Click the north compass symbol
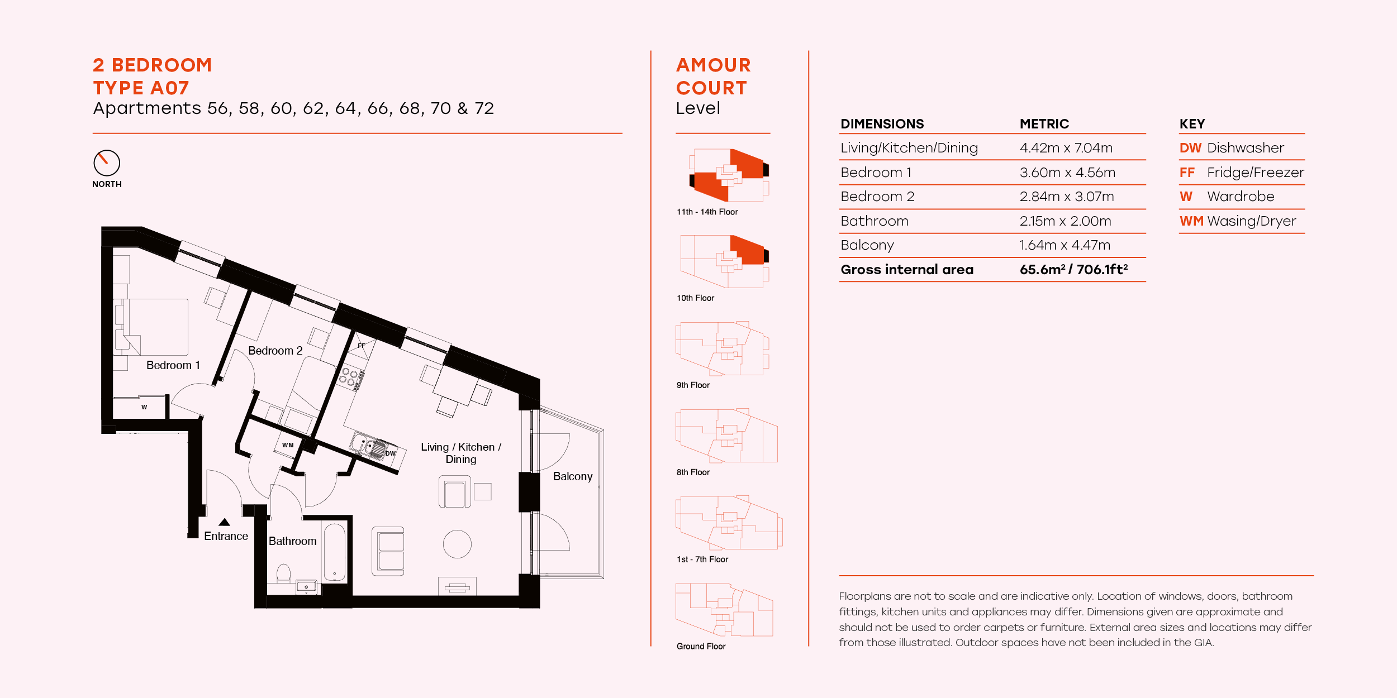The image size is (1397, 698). [106, 163]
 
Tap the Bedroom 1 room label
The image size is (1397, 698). [173, 365]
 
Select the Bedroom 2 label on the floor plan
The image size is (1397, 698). [275, 351]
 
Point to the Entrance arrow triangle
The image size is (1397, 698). [224, 522]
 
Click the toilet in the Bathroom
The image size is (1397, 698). [283, 573]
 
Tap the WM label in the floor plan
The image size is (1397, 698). [288, 445]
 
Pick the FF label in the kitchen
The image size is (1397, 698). [362, 346]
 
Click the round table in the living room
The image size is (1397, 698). [457, 544]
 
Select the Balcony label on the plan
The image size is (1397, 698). [572, 476]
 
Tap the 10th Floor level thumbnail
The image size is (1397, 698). [724, 261]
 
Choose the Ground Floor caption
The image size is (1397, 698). [701, 646]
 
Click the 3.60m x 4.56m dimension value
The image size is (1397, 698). [1067, 173]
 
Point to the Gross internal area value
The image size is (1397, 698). [1073, 270]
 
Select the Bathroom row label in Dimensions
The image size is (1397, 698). [874, 221]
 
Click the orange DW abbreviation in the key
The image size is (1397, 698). [1190, 148]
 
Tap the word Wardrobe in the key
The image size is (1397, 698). [1241, 197]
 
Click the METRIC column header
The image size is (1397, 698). [1044, 124]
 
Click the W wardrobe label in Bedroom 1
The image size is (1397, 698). [144, 407]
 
